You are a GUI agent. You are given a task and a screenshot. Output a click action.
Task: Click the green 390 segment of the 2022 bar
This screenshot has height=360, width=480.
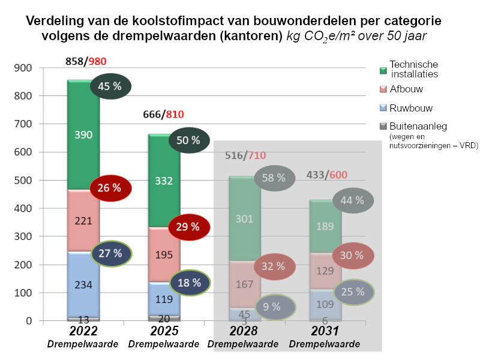click(x=83, y=135)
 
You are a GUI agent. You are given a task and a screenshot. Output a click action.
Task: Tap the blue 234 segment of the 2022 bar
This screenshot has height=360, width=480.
click(x=83, y=286)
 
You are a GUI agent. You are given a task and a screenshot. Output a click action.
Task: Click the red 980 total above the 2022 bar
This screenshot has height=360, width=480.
click(x=98, y=61)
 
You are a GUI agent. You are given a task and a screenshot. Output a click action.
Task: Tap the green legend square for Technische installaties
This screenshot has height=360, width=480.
click(x=383, y=70)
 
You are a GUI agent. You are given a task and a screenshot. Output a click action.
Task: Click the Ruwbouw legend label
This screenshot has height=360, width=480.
click(x=411, y=108)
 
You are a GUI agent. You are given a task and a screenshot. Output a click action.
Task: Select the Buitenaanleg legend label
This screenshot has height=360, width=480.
click(x=418, y=127)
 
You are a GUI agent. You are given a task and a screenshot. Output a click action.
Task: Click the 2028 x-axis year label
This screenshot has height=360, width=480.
click(x=244, y=332)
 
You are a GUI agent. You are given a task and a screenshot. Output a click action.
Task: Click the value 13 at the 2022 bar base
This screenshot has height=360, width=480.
click(x=83, y=320)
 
